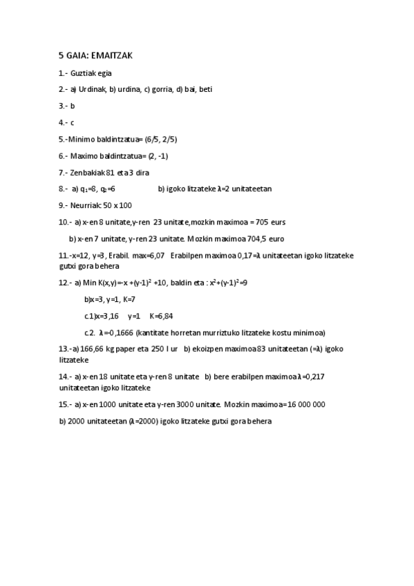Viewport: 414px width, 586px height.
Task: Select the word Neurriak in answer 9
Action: tap(86, 205)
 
